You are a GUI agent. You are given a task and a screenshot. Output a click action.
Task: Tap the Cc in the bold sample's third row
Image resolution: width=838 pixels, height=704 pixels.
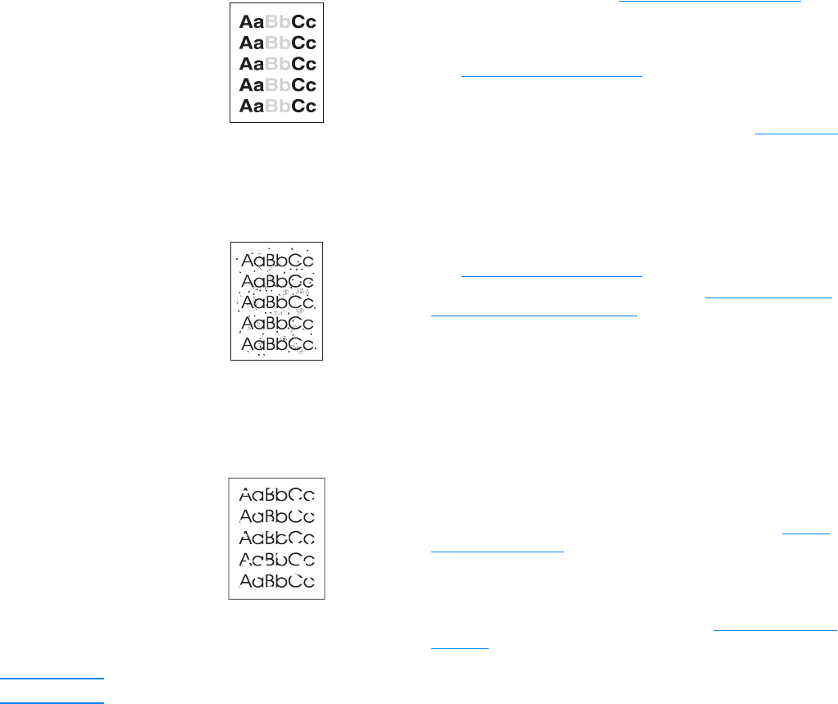point(303,63)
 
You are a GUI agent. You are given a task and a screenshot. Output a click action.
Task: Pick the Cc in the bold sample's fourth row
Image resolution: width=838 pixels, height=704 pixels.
point(303,84)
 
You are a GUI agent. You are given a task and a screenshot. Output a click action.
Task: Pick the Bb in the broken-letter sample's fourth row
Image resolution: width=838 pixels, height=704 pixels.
point(277,560)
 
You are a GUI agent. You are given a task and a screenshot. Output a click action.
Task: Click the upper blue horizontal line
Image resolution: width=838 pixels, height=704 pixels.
point(52,679)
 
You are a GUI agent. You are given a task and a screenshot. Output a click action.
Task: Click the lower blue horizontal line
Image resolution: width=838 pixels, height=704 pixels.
point(52,702)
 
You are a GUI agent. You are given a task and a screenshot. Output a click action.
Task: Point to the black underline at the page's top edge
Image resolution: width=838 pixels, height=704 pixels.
point(709,2)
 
